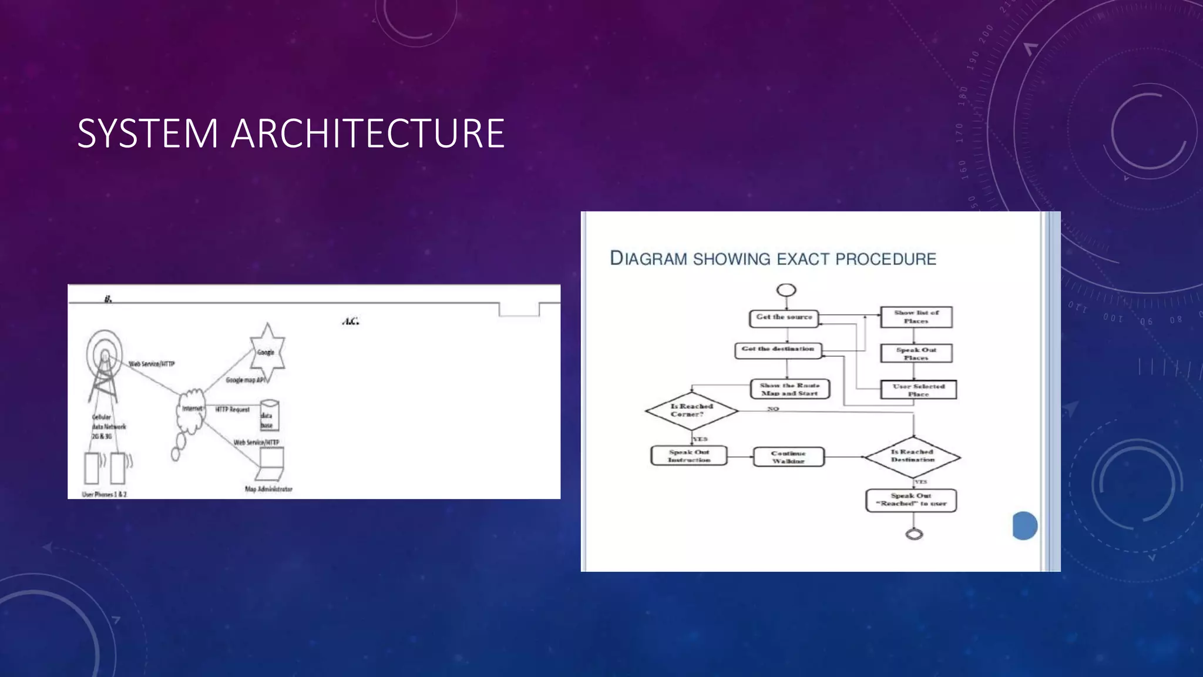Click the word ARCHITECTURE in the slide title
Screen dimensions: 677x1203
(x=368, y=133)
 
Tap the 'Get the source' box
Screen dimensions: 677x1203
(x=784, y=318)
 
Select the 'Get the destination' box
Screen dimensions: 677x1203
(x=778, y=350)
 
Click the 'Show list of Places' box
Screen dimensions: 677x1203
(x=916, y=317)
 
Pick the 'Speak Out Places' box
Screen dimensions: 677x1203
(x=916, y=353)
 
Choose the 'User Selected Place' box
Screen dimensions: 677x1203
(x=918, y=390)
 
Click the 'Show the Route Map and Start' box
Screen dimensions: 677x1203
(x=789, y=389)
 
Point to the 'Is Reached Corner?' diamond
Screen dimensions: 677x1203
(x=691, y=411)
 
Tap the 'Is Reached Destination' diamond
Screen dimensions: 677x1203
(x=912, y=457)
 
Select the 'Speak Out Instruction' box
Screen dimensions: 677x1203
(x=688, y=456)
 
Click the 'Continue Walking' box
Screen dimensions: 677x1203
(x=788, y=457)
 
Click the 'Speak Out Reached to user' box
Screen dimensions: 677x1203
(x=911, y=500)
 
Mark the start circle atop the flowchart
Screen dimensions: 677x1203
(x=786, y=290)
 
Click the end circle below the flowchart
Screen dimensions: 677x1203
(x=914, y=534)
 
